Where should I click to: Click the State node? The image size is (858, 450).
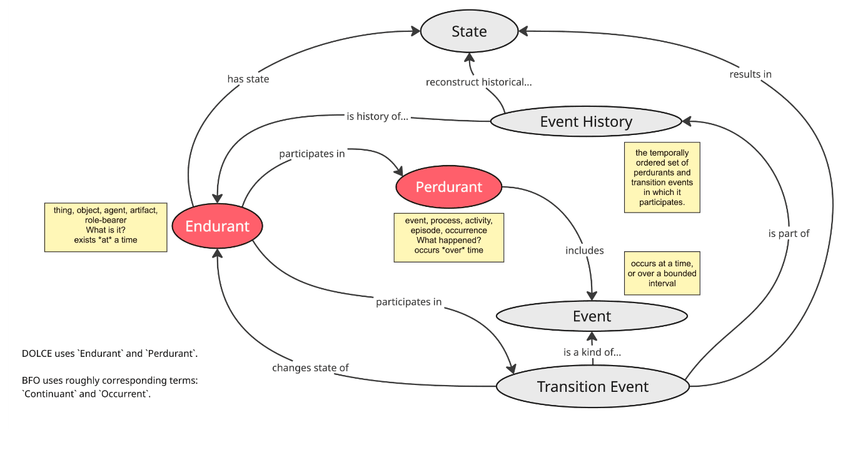(x=469, y=31)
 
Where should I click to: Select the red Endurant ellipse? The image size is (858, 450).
(x=217, y=226)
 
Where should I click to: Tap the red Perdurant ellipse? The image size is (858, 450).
(x=449, y=187)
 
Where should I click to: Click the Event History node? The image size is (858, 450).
(x=586, y=122)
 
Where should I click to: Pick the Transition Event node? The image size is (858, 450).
(x=592, y=387)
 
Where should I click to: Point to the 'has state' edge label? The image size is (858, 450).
(x=248, y=79)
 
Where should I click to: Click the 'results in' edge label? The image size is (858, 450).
(x=750, y=74)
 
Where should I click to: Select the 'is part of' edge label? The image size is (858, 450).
(x=789, y=233)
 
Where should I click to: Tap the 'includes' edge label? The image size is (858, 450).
(x=585, y=250)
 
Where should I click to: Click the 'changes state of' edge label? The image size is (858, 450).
(x=310, y=367)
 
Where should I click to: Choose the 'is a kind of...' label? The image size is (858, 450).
(x=592, y=352)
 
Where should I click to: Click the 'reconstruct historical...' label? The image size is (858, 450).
(x=478, y=82)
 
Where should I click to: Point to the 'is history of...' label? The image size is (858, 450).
(x=377, y=116)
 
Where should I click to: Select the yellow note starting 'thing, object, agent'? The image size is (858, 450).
(x=106, y=227)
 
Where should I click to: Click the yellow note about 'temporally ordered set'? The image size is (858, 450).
(x=662, y=177)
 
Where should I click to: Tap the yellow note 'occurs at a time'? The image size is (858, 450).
(x=662, y=273)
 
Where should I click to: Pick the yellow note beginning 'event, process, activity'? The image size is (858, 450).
(x=448, y=237)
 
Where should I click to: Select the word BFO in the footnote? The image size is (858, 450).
(x=31, y=380)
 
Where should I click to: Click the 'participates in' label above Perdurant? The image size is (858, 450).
(x=311, y=153)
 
